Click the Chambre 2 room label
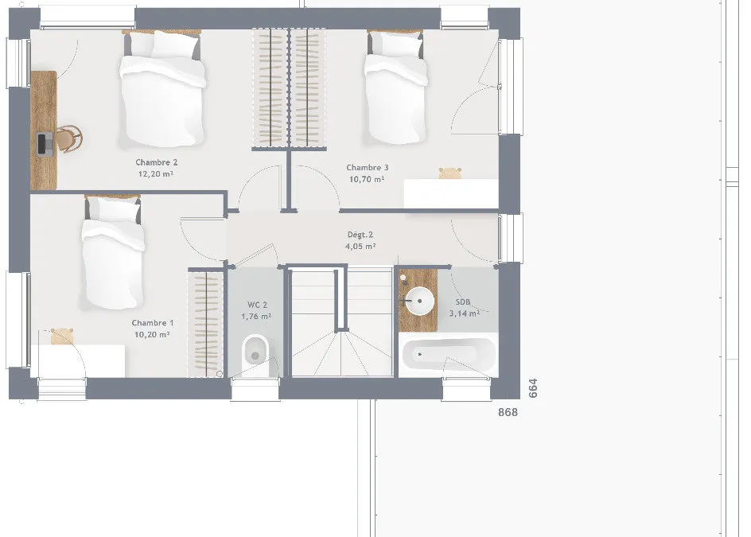pyautogui.click(x=156, y=162)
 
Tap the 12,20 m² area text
pyautogui.click(x=156, y=174)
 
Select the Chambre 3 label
pyautogui.click(x=368, y=168)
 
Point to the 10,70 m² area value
pyautogui.click(x=367, y=179)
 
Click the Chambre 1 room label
pyautogui.click(x=153, y=323)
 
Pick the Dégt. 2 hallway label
pyautogui.click(x=360, y=235)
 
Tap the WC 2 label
pyautogui.click(x=257, y=305)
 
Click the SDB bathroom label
pyautogui.click(x=463, y=302)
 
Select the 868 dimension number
pyautogui.click(x=508, y=412)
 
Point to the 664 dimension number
pyautogui.click(x=533, y=388)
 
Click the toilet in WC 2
pyautogui.click(x=255, y=355)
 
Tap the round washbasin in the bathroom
pyautogui.click(x=419, y=301)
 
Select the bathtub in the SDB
pyautogui.click(x=449, y=355)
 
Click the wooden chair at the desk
pyautogui.click(x=70, y=139)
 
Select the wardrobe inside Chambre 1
pyautogui.click(x=205, y=324)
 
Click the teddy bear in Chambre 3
pyautogui.click(x=449, y=173)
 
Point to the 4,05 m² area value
pyautogui.click(x=360, y=247)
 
